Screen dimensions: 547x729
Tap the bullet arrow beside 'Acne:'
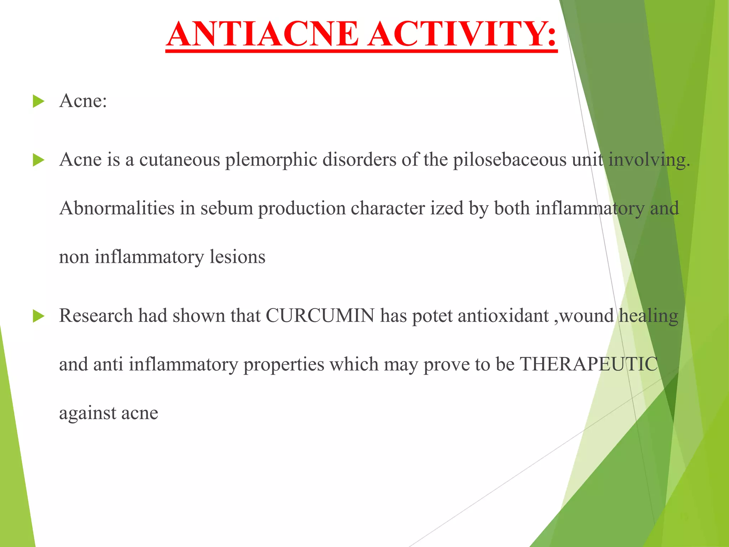[x=38, y=101]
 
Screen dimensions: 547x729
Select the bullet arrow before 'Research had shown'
[x=38, y=316]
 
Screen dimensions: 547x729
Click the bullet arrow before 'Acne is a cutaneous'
[x=38, y=160]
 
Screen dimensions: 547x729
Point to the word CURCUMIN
[x=320, y=316]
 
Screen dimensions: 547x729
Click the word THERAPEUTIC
[x=589, y=364]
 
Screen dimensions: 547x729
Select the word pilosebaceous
[x=509, y=160]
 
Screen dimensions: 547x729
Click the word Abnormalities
[x=117, y=208]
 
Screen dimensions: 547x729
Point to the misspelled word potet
[x=432, y=316]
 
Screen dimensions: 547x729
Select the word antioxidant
[x=503, y=316]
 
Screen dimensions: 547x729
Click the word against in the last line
[x=88, y=413]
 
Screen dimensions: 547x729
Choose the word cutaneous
[x=179, y=160]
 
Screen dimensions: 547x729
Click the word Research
[x=96, y=316]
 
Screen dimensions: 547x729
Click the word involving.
[x=649, y=160]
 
